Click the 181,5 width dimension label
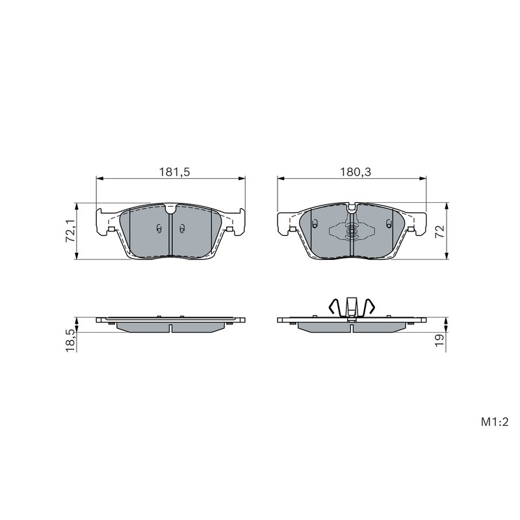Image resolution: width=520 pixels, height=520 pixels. point(174,172)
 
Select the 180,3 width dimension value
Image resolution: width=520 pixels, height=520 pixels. point(355,172)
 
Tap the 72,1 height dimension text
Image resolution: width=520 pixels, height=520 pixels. point(70,231)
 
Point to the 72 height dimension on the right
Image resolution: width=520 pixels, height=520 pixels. point(439,231)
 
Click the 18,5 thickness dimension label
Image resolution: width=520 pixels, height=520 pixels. point(70,340)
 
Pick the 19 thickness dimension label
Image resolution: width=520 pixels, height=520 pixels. point(439,340)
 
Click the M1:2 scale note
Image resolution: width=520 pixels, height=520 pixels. point(495,422)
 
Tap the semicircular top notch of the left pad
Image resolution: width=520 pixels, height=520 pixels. point(171,209)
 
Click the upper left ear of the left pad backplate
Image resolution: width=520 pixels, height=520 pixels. point(99,214)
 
